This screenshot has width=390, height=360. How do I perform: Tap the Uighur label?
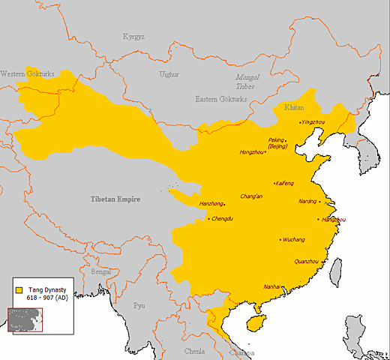pos(169,74)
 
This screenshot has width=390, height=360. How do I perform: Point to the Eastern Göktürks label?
pos(220,100)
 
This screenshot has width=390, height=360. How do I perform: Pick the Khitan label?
pos(294,108)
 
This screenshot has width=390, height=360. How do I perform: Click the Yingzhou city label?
pos(313,121)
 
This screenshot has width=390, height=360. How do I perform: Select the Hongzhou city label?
pos(251,152)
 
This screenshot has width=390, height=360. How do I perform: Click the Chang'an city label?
pos(251,196)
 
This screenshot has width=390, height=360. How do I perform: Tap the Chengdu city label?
pos(224,219)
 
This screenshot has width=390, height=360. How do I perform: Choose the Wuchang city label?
pos(293,240)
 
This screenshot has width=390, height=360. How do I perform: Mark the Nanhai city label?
pos(272,286)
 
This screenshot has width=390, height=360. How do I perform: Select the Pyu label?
pos(139,305)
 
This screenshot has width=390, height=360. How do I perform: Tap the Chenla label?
pos(194,350)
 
